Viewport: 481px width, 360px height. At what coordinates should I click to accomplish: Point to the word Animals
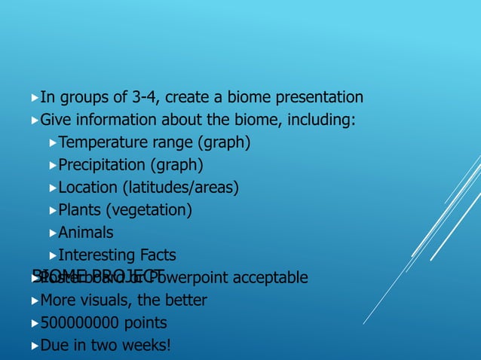pyautogui.click(x=86, y=233)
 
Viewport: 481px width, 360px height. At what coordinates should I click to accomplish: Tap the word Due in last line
pyautogui.click(x=54, y=346)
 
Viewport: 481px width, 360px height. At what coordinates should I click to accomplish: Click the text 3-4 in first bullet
pyautogui.click(x=146, y=97)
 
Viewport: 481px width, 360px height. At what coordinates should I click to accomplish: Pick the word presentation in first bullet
pyautogui.click(x=316, y=97)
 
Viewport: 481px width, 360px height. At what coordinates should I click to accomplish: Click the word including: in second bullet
pyautogui.click(x=322, y=120)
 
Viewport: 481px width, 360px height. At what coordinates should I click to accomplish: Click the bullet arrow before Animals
pyautogui.click(x=52, y=233)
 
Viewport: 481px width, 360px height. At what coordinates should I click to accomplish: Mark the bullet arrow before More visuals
pyautogui.click(x=35, y=301)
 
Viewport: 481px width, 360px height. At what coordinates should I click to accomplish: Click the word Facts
pyautogui.click(x=158, y=255)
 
